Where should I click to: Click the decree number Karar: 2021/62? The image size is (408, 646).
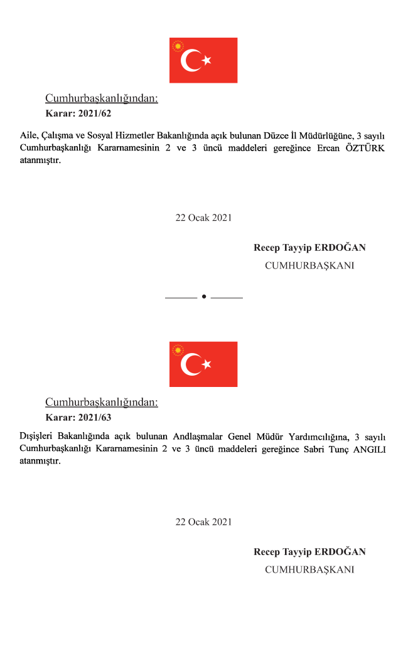(78, 114)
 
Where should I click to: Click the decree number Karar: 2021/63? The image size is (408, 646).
(78, 417)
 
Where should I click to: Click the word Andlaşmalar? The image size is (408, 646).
(191, 437)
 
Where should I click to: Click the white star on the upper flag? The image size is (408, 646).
(207, 61)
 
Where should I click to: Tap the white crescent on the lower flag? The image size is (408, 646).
(190, 364)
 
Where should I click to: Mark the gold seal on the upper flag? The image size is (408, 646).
(178, 46)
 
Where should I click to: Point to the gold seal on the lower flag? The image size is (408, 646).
(178, 350)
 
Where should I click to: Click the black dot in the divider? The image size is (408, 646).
(204, 296)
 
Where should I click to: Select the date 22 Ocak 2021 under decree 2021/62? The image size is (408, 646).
(203, 218)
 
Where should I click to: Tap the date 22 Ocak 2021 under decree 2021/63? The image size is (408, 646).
(203, 522)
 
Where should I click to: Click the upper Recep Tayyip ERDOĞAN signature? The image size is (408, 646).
(309, 248)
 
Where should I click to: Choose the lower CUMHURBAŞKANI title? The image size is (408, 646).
(309, 569)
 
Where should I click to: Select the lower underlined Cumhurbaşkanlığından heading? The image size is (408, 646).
(102, 402)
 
